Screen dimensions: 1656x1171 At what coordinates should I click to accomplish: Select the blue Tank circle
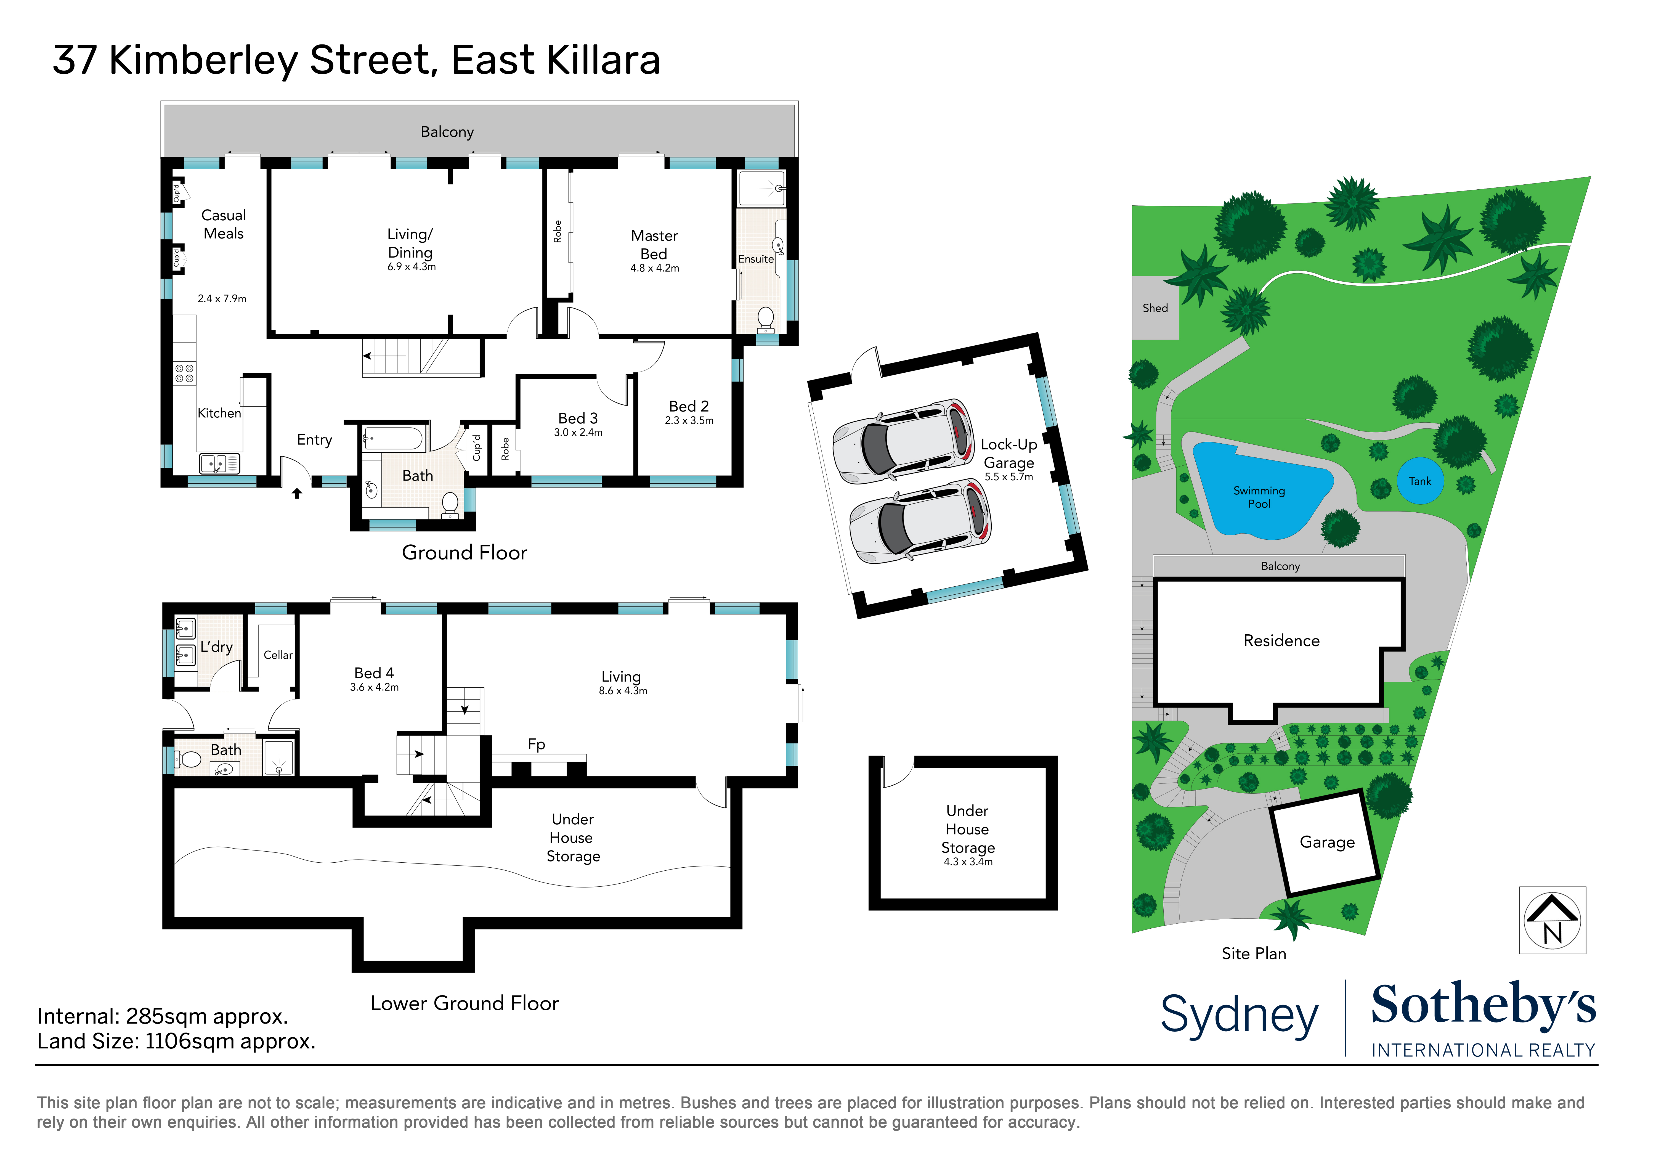tap(1420, 481)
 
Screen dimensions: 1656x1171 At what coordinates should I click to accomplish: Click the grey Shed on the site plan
tap(1155, 308)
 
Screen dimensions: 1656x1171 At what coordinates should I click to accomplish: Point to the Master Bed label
tap(654, 245)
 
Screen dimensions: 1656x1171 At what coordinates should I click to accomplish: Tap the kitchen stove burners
tap(184, 373)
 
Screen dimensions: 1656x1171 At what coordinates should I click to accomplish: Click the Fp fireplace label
tap(536, 744)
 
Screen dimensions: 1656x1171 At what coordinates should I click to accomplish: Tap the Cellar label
tap(278, 655)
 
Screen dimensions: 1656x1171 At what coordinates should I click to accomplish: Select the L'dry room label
tap(216, 647)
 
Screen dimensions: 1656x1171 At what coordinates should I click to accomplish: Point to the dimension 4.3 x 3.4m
tap(968, 862)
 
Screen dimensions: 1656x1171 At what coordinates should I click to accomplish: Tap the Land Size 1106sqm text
tap(176, 1041)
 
